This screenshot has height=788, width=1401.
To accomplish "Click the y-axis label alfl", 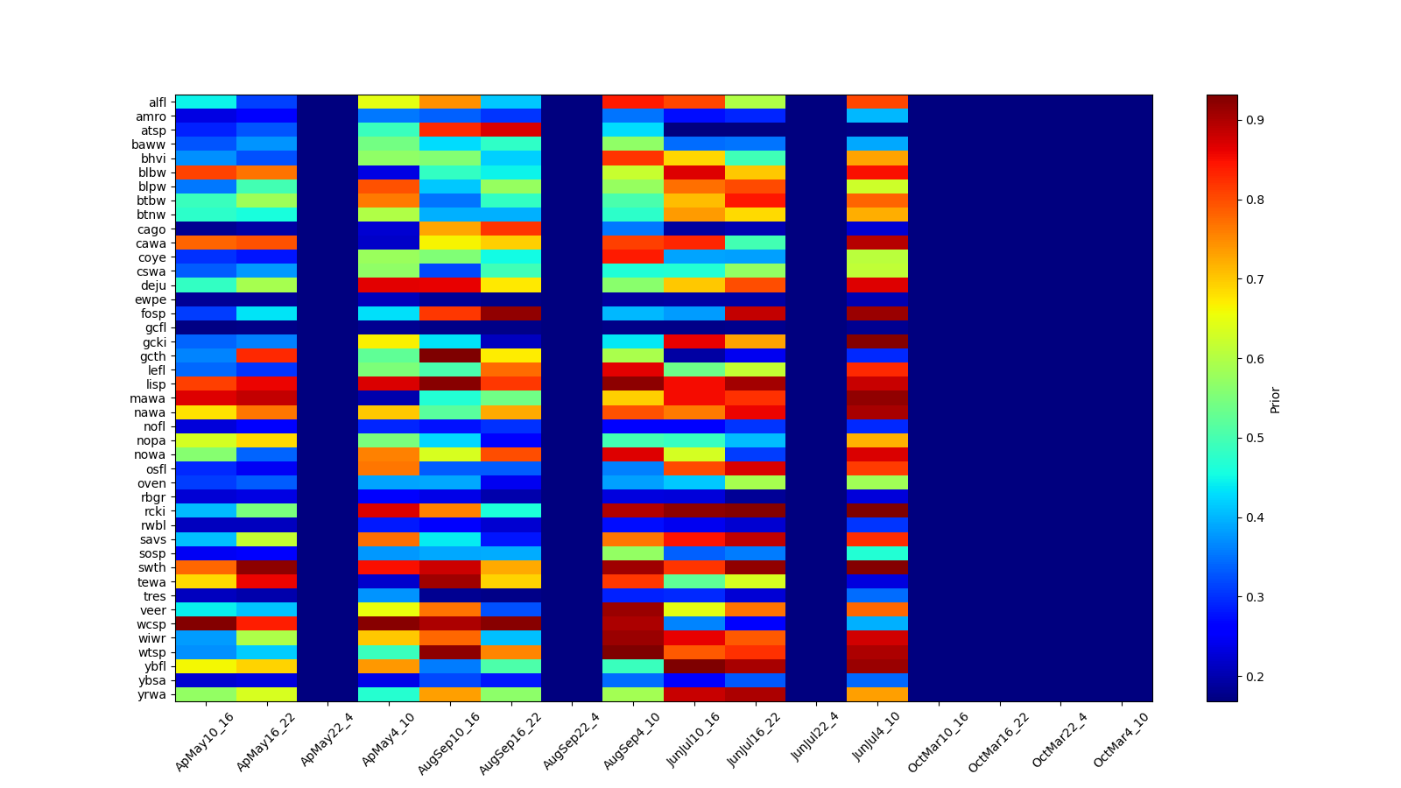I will point(156,102).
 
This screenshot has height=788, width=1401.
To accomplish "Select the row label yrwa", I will point(154,695).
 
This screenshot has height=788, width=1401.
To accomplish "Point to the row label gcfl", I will point(156,328).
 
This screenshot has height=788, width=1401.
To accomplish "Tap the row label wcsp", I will point(153,624).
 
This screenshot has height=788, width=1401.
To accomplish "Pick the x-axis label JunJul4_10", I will point(876,741).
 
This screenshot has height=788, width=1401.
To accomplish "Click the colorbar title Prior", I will point(1275,399).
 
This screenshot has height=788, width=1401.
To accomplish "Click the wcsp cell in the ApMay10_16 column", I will point(206,624).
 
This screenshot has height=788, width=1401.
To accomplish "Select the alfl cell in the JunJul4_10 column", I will point(877,102).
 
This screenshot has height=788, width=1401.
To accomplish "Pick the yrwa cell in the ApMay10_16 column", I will point(206,695).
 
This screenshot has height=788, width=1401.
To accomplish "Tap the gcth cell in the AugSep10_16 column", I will point(450,356).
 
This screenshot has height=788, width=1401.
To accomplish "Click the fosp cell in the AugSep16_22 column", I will point(510,313).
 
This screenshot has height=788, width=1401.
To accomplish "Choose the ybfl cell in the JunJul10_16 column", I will point(694,666).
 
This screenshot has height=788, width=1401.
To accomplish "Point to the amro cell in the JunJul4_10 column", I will point(877,116).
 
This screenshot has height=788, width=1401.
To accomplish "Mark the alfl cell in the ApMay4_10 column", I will point(389,102).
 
